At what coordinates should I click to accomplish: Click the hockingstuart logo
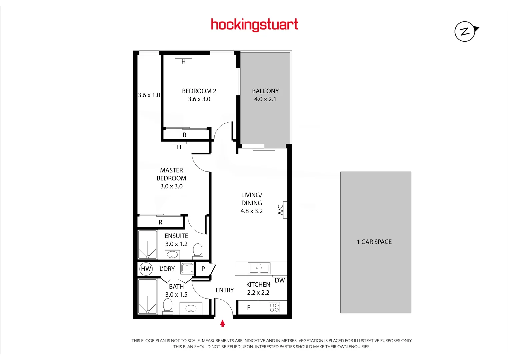[x=254, y=25]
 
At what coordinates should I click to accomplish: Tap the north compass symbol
[x=465, y=31]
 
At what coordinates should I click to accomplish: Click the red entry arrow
[x=223, y=323]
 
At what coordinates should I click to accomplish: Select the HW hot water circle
[x=146, y=269]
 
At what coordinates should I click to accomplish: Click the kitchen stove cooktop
[x=274, y=308]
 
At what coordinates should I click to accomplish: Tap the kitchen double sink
[x=259, y=268]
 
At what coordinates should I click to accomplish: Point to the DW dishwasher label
[x=280, y=280]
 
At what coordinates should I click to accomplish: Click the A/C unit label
[x=281, y=210]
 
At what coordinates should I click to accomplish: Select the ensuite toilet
[x=198, y=251]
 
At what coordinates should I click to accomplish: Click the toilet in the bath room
[x=168, y=306]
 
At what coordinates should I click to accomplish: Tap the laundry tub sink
[x=187, y=268]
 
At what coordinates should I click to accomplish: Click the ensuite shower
[x=147, y=245]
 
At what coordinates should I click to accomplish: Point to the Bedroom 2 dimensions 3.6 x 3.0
[x=199, y=99]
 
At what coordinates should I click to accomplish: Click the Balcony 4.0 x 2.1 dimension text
[x=265, y=99]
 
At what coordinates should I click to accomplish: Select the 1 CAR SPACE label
[x=374, y=242]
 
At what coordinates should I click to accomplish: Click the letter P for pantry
[x=203, y=269]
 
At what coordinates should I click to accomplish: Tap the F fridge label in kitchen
[x=248, y=308]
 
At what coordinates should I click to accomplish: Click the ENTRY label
[x=225, y=290]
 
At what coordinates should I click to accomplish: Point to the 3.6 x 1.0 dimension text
[x=149, y=95]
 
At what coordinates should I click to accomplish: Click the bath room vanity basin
[x=191, y=308]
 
